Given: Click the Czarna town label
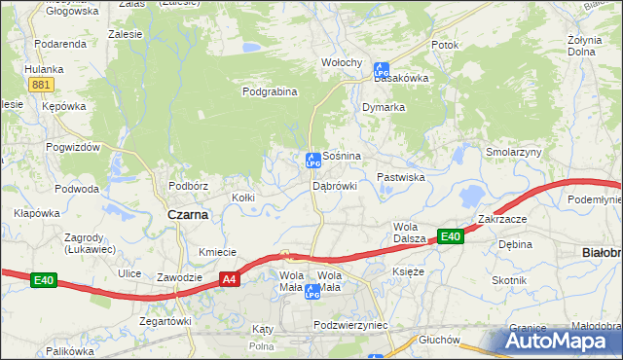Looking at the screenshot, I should click(188, 215).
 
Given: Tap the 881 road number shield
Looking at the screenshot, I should click(40, 86).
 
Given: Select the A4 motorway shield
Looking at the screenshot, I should click(229, 280).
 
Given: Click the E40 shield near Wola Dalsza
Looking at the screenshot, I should click(450, 236).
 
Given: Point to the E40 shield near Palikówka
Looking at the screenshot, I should click(43, 281).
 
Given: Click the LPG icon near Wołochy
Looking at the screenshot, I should click(381, 70).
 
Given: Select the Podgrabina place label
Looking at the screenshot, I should click(269, 92).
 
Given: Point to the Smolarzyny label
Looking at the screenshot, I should click(514, 153).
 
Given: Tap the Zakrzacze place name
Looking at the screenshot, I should click(501, 220).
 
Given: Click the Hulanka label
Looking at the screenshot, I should click(44, 69).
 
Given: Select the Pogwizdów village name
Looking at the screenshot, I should click(73, 147).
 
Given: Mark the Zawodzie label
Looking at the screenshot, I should click(179, 277).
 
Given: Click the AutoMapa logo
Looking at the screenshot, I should click(560, 342).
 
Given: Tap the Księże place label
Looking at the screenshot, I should click(408, 271).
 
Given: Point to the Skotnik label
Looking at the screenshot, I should click(509, 280).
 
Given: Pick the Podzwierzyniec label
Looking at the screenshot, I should click(351, 325).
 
